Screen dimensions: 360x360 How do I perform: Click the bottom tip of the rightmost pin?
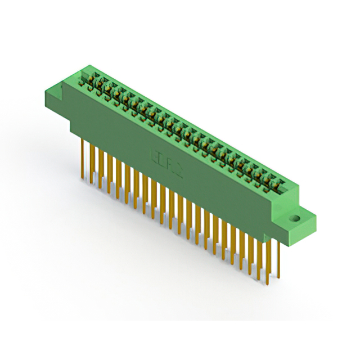[x=277, y=278]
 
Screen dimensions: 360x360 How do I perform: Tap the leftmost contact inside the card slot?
[x=90, y=79]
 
